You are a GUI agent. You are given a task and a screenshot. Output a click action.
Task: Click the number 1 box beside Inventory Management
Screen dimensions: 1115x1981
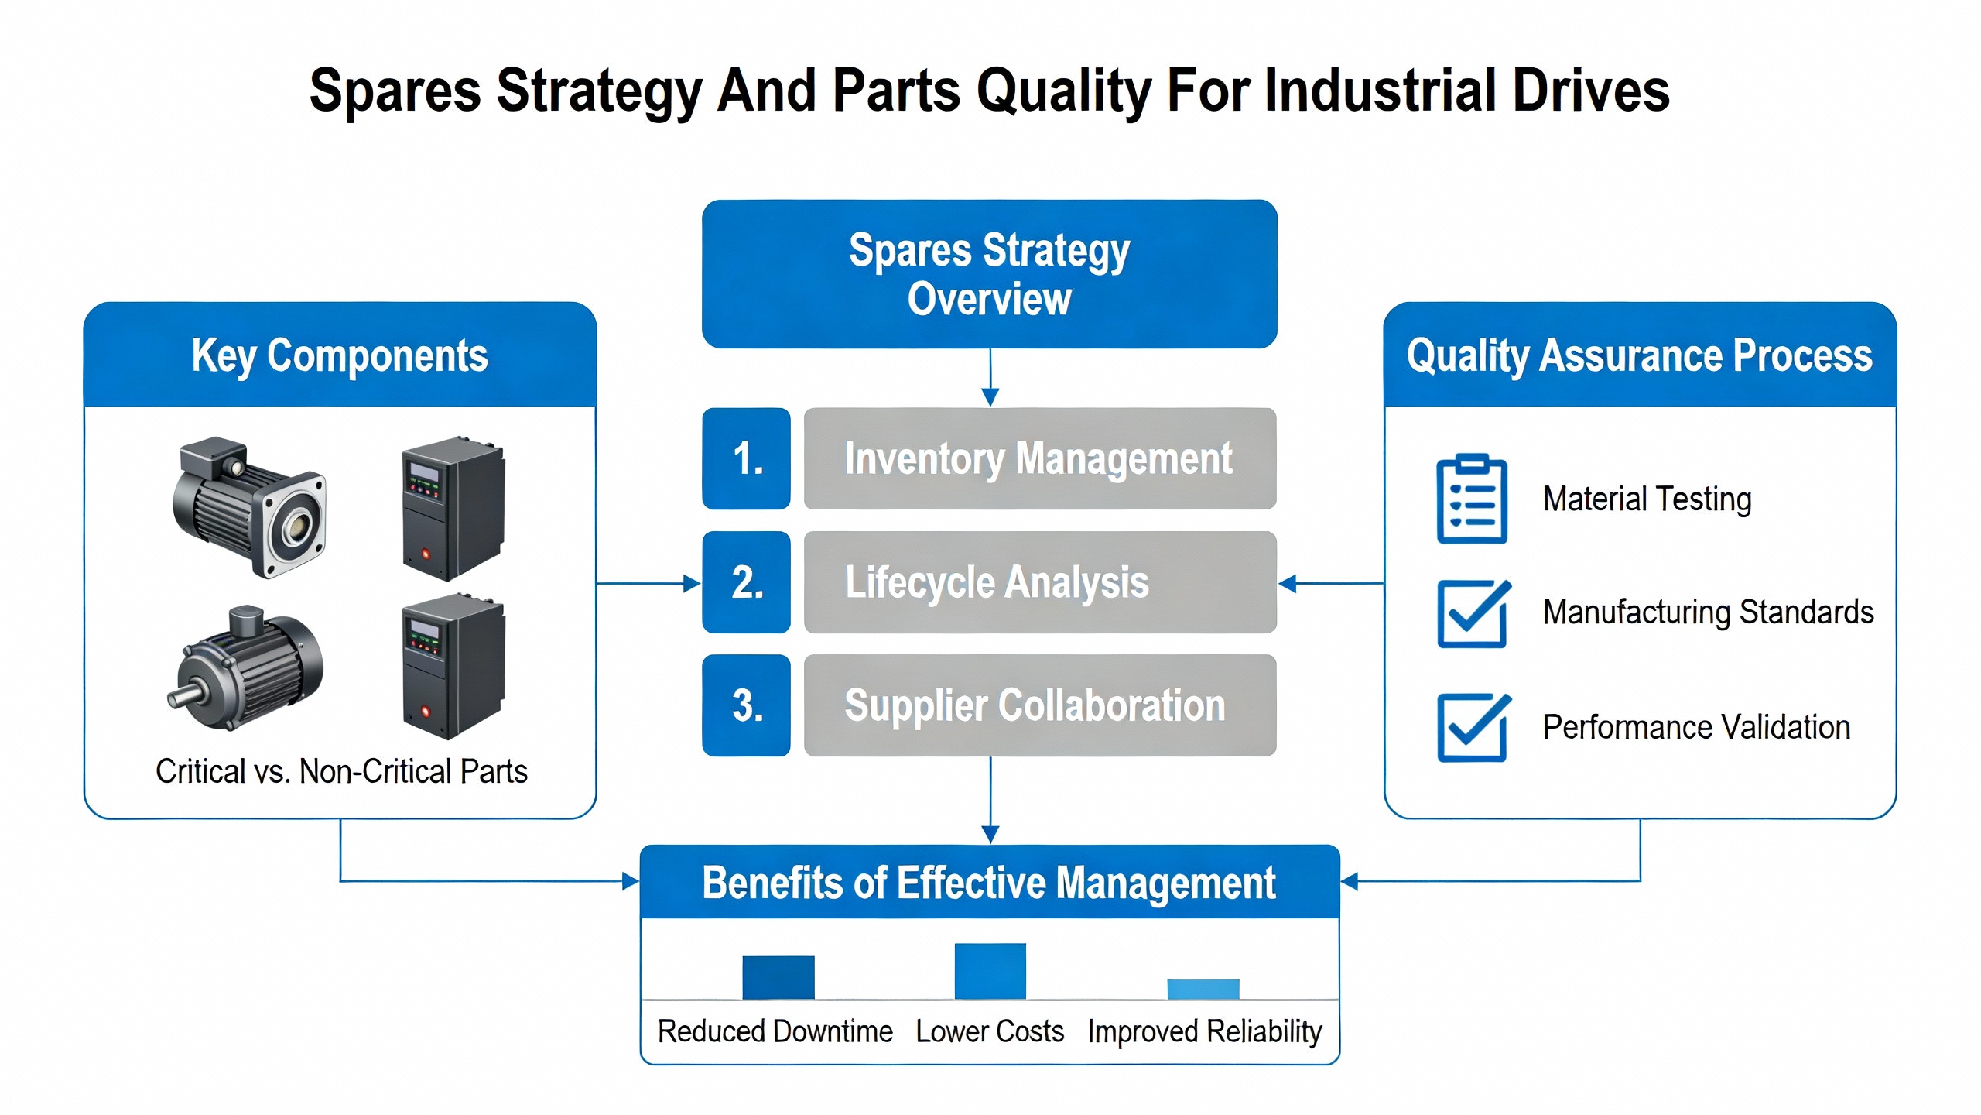click(746, 458)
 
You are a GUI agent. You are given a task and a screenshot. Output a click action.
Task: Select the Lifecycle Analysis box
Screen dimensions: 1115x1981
click(1039, 582)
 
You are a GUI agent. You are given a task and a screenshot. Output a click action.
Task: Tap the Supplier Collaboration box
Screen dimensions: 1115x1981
click(1039, 705)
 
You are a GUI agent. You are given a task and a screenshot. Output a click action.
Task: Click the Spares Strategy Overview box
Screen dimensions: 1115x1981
click(989, 274)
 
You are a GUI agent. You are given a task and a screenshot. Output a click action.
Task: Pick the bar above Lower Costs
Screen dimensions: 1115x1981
click(990, 971)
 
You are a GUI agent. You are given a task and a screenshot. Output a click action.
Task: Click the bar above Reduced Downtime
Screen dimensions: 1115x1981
click(778, 977)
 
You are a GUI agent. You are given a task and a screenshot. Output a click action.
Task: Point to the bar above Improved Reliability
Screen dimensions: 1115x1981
click(1203, 989)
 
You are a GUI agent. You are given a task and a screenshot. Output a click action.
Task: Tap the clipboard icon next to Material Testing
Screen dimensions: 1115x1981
click(1471, 499)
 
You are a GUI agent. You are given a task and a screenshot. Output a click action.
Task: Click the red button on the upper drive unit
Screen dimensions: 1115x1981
click(425, 554)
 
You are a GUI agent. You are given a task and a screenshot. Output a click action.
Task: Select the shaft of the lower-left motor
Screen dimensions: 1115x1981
click(183, 695)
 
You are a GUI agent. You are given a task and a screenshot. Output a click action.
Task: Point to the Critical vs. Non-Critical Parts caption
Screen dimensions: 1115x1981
click(341, 771)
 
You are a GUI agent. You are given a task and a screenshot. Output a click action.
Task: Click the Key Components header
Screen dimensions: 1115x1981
click(340, 355)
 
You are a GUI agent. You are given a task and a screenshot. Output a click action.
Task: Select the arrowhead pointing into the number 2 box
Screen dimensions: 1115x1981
click(692, 583)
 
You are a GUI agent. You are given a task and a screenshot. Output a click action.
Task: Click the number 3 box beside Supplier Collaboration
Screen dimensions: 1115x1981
click(746, 705)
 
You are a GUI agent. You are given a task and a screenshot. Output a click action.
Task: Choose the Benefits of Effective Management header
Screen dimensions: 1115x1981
click(989, 882)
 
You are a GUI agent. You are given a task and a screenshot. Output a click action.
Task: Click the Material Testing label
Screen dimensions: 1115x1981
click(1647, 499)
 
